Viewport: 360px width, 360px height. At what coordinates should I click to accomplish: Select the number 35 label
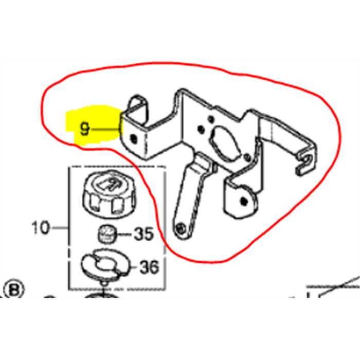point(143,235)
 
